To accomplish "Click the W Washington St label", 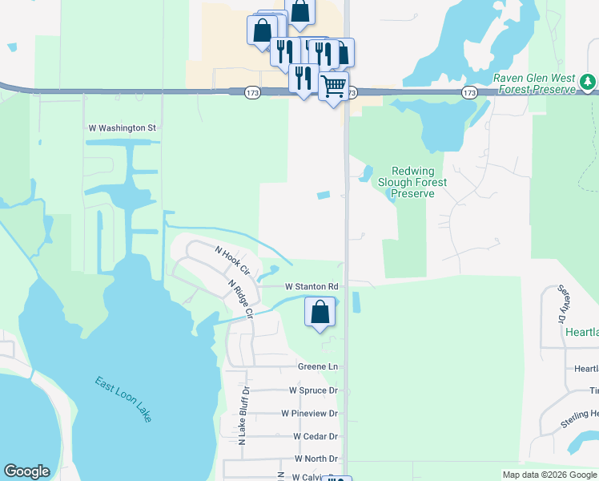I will [x=122, y=127].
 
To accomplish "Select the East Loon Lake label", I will [x=123, y=399].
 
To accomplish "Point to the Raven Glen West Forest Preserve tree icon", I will [x=589, y=82].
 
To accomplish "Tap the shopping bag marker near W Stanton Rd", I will [x=320, y=311].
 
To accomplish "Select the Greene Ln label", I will [x=318, y=366].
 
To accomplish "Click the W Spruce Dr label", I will [x=313, y=390].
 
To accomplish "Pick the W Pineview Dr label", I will [x=309, y=413].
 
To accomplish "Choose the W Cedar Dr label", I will [x=316, y=436].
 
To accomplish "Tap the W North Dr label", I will [x=316, y=459].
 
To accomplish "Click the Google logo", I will [x=26, y=471].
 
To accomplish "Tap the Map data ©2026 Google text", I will [x=549, y=475].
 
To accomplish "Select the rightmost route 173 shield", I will [x=469, y=93].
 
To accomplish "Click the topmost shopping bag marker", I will [x=299, y=12].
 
